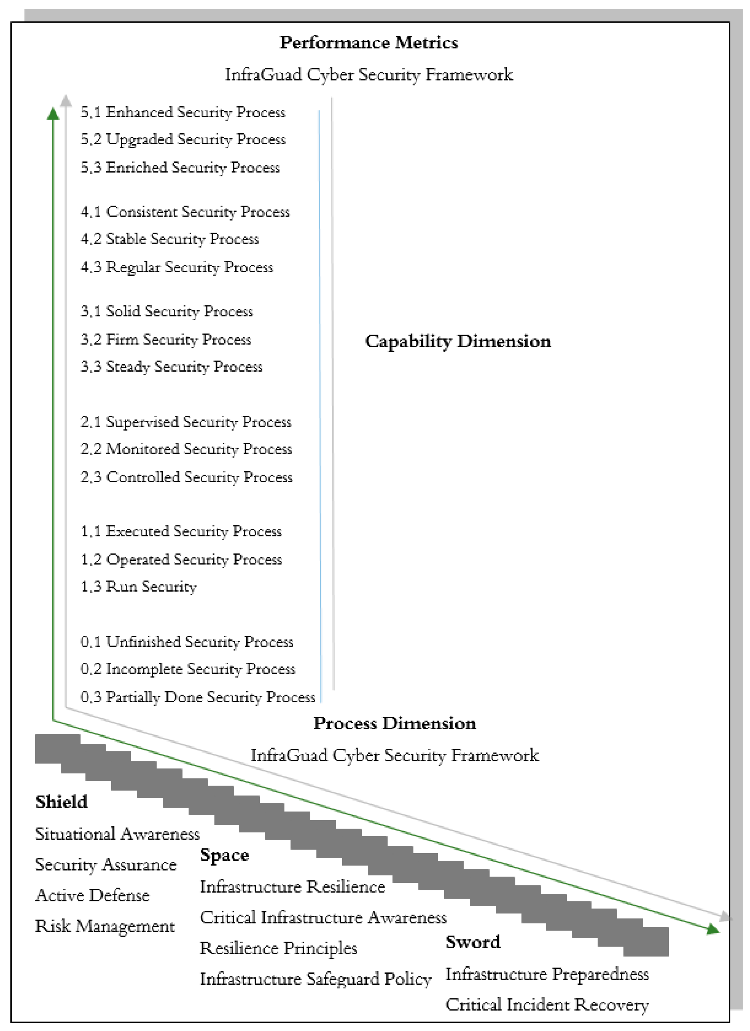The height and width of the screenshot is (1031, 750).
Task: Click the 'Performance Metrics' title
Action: pyautogui.click(x=368, y=43)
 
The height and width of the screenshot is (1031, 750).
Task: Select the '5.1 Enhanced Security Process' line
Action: pyautogui.click(x=183, y=112)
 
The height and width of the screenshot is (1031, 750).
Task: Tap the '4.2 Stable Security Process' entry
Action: pyautogui.click(x=169, y=239)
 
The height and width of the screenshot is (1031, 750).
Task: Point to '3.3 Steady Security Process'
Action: pyautogui.click(x=171, y=366)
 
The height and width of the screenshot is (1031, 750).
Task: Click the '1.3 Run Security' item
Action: pyautogui.click(x=139, y=586)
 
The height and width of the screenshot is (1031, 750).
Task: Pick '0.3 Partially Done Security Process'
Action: pyautogui.click(x=198, y=697)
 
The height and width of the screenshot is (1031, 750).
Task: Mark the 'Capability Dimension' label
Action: pyautogui.click(x=458, y=341)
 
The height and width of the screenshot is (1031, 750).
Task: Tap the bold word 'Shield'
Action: pyautogui.click(x=61, y=802)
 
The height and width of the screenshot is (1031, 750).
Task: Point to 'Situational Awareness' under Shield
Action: pyautogui.click(x=117, y=834)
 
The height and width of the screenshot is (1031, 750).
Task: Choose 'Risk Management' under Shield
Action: pyautogui.click(x=105, y=926)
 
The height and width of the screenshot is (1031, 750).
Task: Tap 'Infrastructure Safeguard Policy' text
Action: pyautogui.click(x=316, y=979)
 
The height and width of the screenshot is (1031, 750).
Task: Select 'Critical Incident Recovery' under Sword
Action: pyautogui.click(x=547, y=1005)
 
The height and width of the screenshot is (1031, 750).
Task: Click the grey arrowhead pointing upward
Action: pyautogui.click(x=66, y=100)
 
